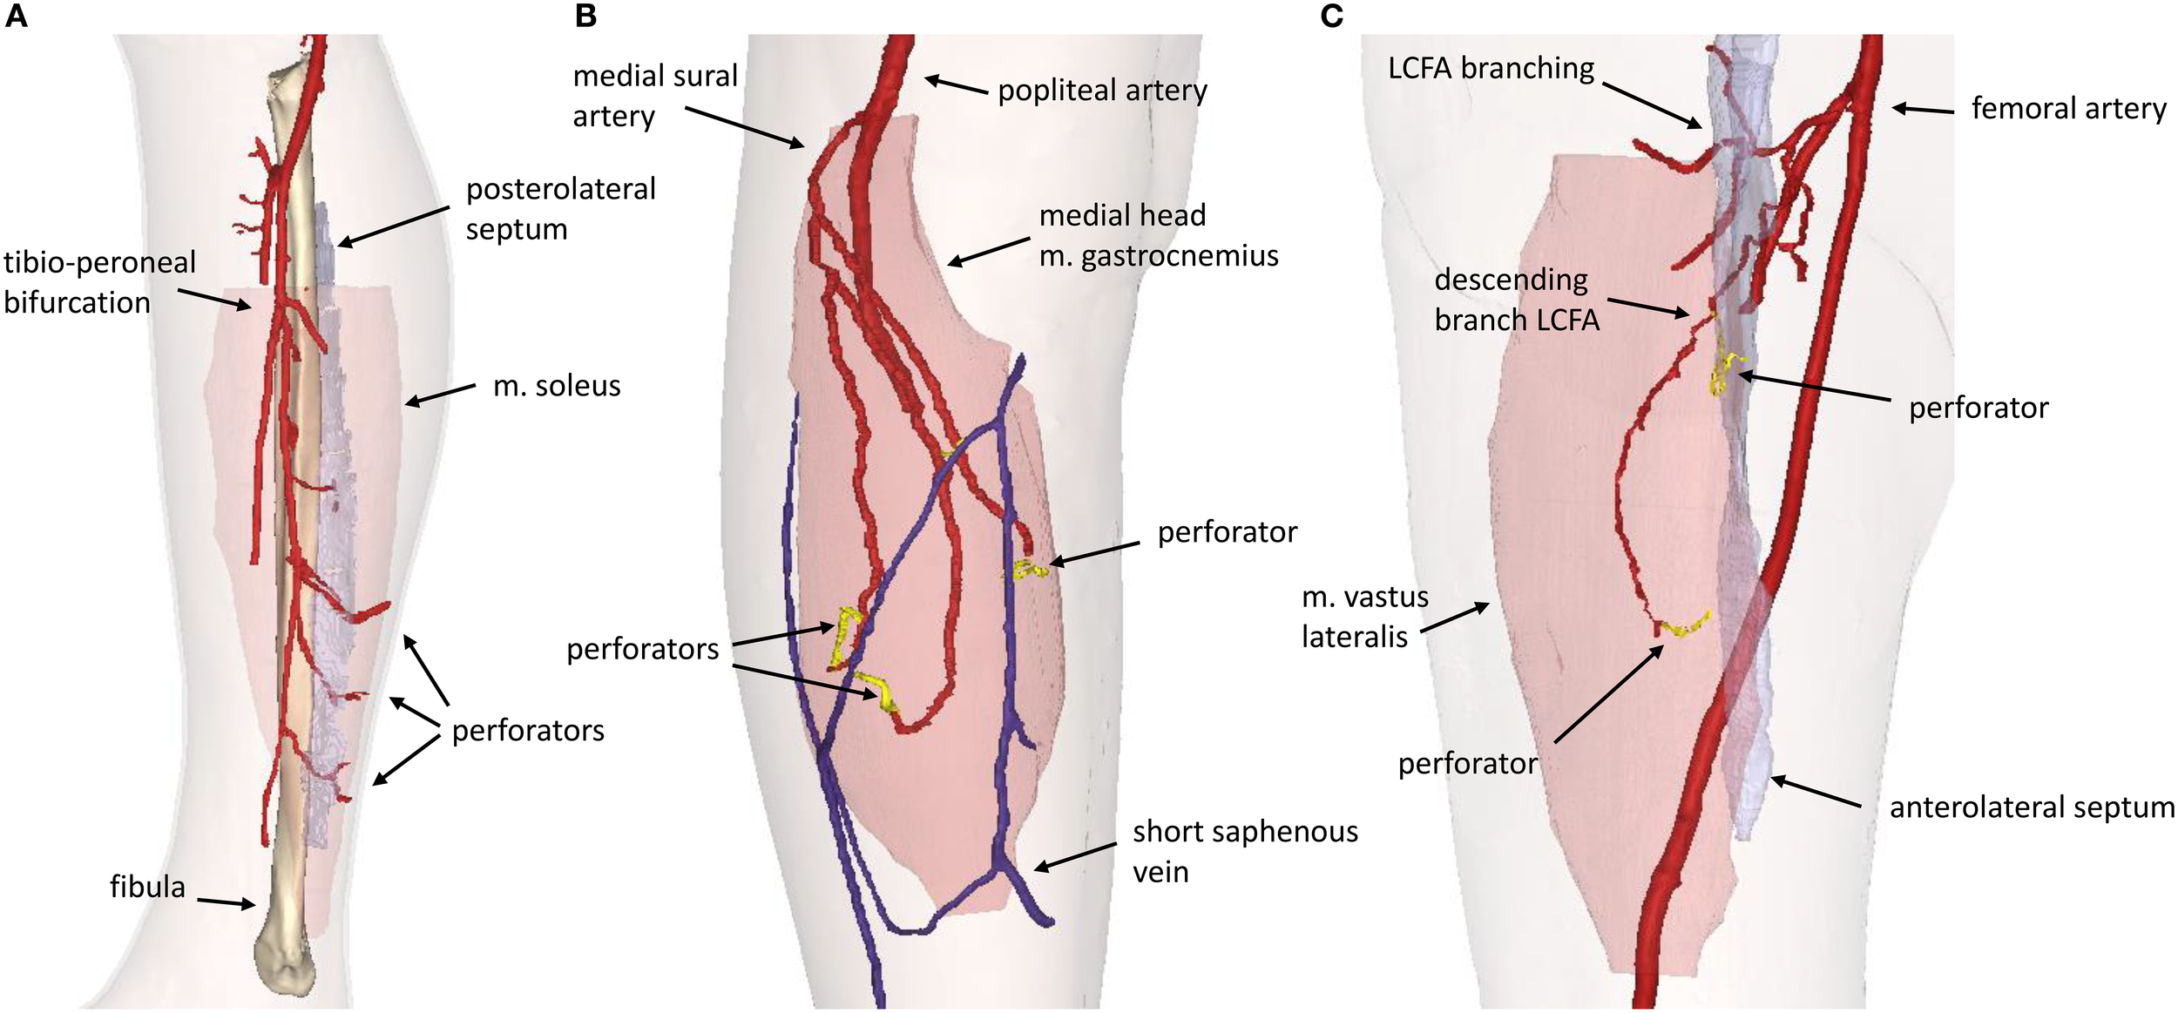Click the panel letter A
click(16, 16)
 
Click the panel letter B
click(585, 16)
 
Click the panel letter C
click(1332, 16)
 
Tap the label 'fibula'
click(147, 887)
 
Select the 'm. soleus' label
click(557, 386)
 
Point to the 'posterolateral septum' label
click(560, 209)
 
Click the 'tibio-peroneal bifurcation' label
click(99, 282)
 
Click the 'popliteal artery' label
click(1102, 91)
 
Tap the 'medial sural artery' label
click(654, 96)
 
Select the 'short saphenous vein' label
click(1245, 851)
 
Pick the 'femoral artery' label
click(2068, 109)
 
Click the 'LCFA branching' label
click(1491, 68)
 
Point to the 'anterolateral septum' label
click(2032, 807)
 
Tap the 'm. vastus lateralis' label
click(1364, 617)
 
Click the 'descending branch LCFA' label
click(1516, 300)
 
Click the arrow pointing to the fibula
click(225, 902)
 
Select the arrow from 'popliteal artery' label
click(957, 85)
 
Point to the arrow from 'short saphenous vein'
click(1075, 855)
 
